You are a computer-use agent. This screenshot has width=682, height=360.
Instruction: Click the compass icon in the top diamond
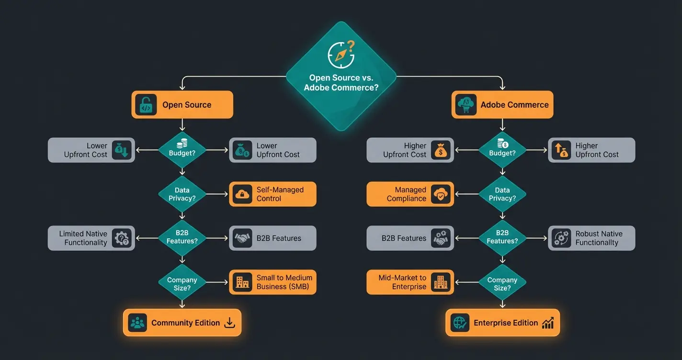click(341, 55)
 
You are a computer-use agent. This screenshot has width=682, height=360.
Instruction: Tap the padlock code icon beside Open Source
click(146, 105)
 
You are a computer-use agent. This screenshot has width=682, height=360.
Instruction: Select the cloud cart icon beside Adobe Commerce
click(466, 105)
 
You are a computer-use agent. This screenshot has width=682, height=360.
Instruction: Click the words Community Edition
click(185, 323)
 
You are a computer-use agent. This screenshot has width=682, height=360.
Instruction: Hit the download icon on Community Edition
click(230, 323)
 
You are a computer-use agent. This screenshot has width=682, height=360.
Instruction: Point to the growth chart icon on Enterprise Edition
click(548, 323)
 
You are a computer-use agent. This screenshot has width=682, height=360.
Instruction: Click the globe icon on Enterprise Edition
click(460, 323)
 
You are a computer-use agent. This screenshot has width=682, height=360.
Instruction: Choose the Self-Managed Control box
click(273, 194)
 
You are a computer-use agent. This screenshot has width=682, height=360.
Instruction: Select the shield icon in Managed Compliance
click(440, 194)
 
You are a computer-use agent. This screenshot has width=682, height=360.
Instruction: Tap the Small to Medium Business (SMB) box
click(273, 282)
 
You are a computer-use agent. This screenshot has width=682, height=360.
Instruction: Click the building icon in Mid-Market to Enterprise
click(440, 282)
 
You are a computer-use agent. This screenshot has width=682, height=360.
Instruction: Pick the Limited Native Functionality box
click(91, 238)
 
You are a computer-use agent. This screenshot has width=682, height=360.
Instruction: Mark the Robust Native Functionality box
click(591, 238)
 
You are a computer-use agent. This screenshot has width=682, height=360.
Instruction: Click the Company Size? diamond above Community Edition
click(182, 283)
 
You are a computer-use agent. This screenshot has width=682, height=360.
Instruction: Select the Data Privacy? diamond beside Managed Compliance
click(502, 194)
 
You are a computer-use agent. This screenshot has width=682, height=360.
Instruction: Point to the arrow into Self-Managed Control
click(218, 194)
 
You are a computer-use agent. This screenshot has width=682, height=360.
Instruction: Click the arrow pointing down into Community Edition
click(182, 304)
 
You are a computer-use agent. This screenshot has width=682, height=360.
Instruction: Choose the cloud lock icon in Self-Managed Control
click(242, 194)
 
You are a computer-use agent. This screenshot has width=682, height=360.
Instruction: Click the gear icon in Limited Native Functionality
click(122, 238)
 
